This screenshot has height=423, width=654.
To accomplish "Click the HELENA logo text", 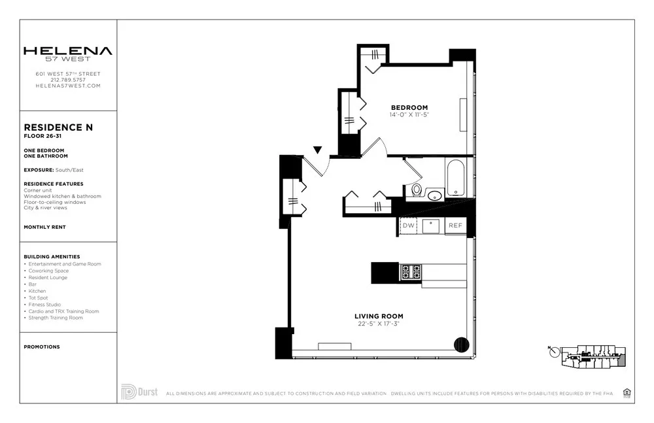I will [67, 51].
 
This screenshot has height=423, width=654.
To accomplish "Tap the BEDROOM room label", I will [409, 108].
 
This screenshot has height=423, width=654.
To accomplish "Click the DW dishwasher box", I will [409, 226].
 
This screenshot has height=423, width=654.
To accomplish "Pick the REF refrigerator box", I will [455, 226].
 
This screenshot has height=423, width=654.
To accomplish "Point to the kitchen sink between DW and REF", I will [431, 226].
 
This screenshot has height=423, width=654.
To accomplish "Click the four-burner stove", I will [411, 272].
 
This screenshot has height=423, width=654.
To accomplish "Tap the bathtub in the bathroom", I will [455, 178].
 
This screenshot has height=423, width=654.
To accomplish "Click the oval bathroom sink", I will [435, 194].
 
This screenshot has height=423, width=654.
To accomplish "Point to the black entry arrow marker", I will [317, 150].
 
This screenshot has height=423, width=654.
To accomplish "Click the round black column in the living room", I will [462, 345].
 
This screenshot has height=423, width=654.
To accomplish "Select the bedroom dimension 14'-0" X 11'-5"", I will [409, 115].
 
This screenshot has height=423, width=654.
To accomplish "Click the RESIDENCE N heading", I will [58, 127].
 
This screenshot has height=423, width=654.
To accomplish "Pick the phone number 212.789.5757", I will [68, 80].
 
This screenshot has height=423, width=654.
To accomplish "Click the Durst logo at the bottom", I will [138, 392].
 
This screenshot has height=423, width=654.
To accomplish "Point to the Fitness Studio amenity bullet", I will [45, 305].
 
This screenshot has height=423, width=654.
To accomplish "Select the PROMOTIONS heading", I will [41, 347].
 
